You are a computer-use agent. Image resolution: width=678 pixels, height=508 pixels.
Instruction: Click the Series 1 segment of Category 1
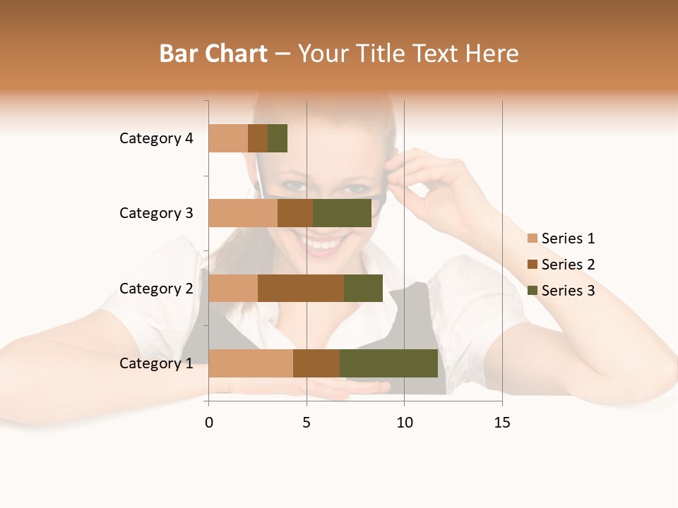point(251,363)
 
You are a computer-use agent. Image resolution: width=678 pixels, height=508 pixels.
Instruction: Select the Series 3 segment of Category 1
point(388,363)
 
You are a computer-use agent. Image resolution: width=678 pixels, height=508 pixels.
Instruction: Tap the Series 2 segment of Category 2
point(301,288)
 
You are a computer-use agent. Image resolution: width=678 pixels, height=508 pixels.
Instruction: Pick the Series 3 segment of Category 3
point(342,213)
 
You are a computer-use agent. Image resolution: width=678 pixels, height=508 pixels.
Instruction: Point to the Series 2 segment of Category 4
point(258,138)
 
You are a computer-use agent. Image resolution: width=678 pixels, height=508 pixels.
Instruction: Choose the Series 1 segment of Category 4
point(228,138)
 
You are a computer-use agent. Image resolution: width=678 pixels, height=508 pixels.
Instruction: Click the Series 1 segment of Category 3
point(243,213)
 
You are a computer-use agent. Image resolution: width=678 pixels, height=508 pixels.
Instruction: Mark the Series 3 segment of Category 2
point(363,288)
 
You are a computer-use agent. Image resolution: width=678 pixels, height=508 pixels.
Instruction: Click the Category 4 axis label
point(156,138)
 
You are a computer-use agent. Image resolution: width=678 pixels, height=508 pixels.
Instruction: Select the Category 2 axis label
point(156,288)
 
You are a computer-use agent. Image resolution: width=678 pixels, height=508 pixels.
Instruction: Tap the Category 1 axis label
point(156,363)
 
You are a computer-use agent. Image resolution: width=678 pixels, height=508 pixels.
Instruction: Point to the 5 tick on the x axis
point(307,423)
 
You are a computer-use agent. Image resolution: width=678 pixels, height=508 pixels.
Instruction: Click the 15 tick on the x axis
point(502,423)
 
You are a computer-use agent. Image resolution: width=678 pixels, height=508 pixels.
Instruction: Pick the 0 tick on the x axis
point(209,423)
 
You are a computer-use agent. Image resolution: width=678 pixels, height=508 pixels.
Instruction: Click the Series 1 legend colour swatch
point(533,238)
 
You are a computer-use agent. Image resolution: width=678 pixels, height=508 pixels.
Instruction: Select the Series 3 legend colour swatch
point(533,291)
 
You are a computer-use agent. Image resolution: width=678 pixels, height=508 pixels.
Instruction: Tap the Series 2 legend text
point(568,265)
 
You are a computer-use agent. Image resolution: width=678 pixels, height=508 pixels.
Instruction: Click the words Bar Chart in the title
point(213,54)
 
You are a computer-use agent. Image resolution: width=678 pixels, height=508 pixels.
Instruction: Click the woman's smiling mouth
point(323,243)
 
